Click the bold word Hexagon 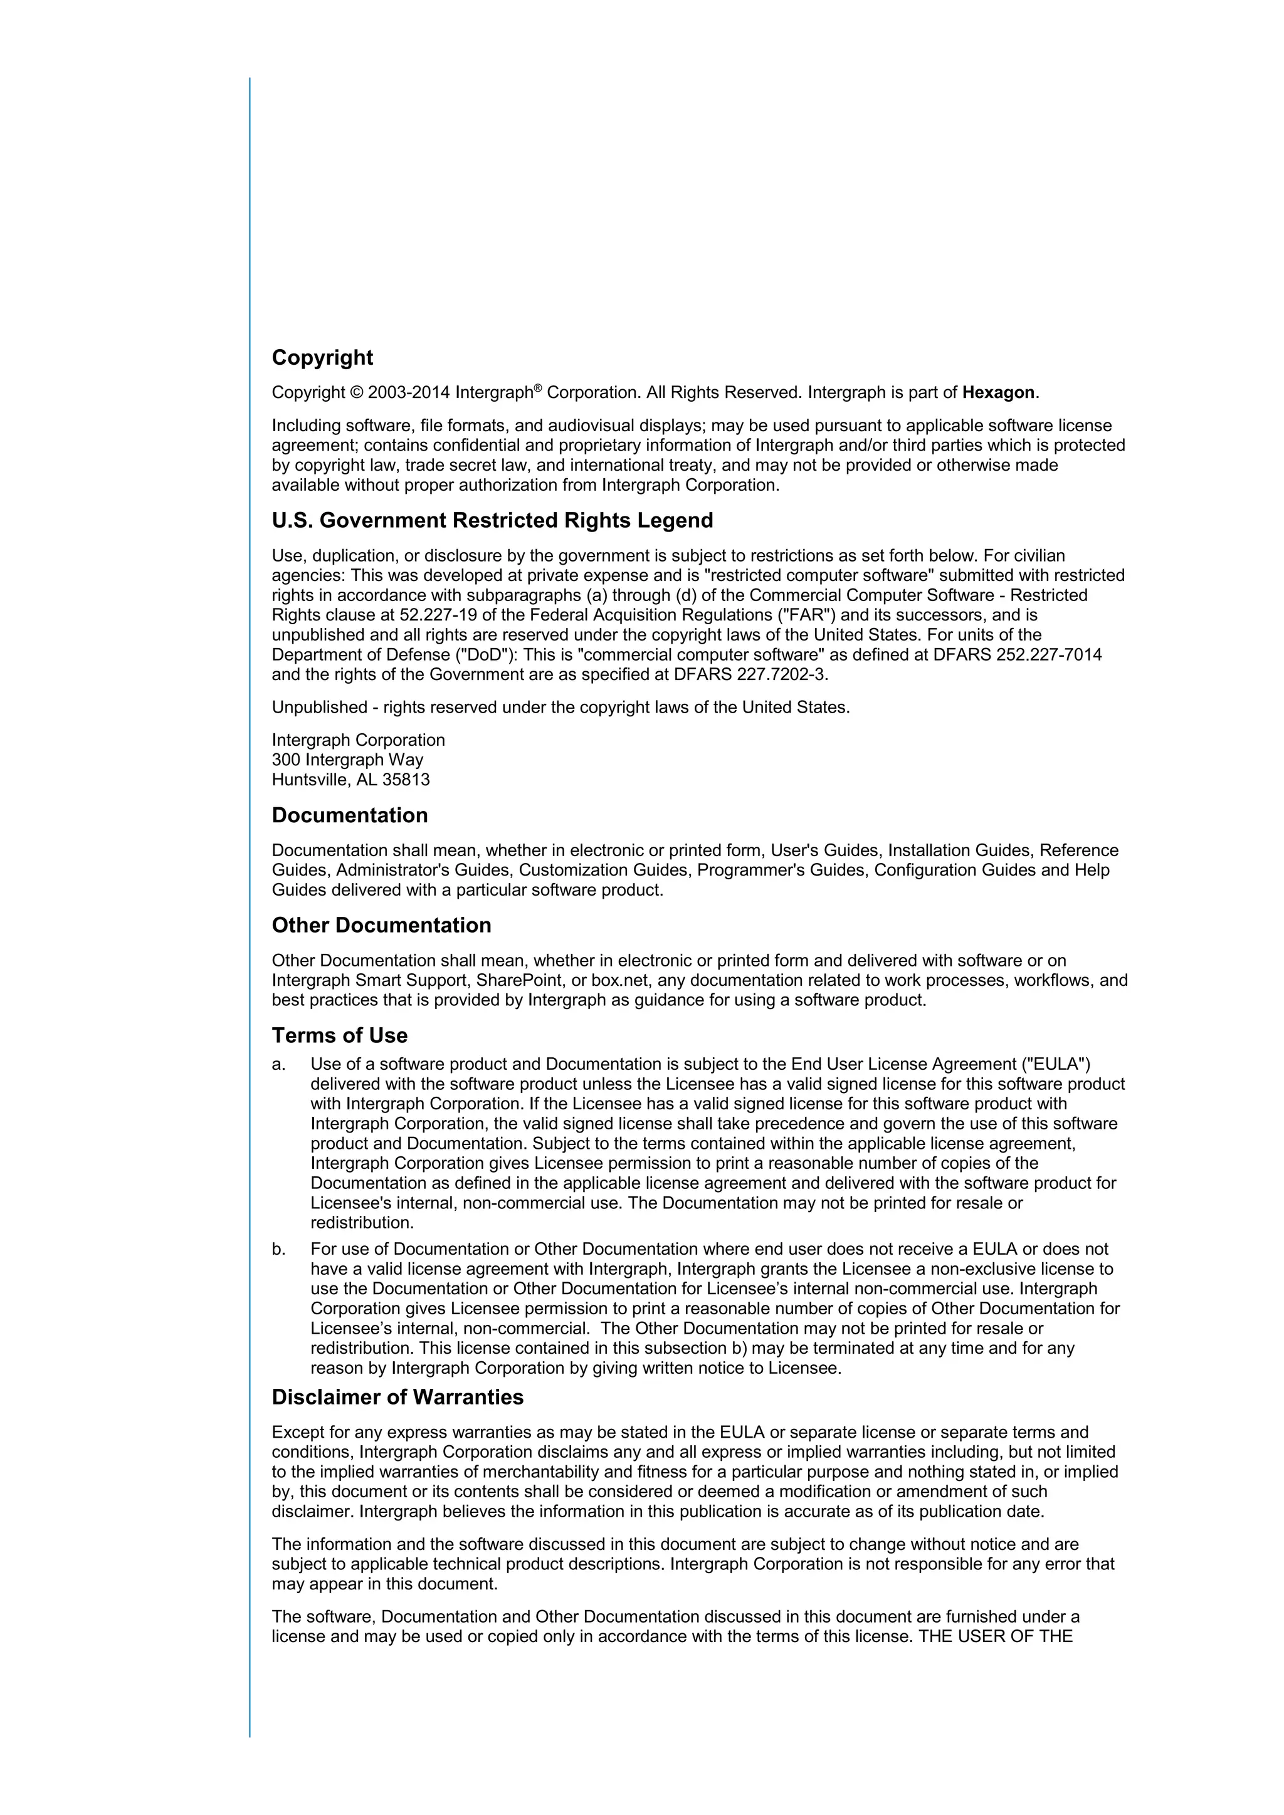(x=997, y=393)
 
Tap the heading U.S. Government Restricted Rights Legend (x=492, y=520)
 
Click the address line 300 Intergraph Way (x=347, y=760)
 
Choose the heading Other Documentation (x=381, y=925)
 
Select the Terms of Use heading (x=339, y=1035)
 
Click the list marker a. (x=278, y=1064)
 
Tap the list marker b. (x=278, y=1249)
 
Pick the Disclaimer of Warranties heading (x=397, y=1397)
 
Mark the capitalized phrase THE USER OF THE (x=994, y=1636)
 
